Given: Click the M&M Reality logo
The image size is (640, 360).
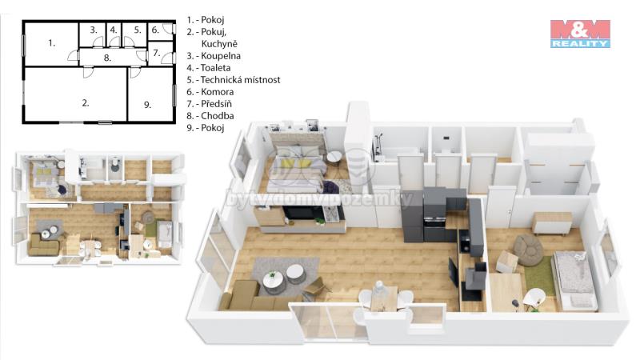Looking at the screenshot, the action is [580, 34].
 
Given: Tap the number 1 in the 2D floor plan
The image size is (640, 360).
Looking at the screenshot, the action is [51, 43].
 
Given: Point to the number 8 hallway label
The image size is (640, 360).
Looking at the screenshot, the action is [107, 58].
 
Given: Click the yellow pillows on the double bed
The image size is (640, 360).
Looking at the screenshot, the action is [299, 164].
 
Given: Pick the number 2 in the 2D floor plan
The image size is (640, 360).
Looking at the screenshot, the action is [86, 103].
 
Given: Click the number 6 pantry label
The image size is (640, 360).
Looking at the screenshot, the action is [155, 30].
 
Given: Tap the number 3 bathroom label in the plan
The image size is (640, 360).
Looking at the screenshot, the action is [94, 30].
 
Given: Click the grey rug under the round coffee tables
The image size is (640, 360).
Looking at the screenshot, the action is [286, 276].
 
